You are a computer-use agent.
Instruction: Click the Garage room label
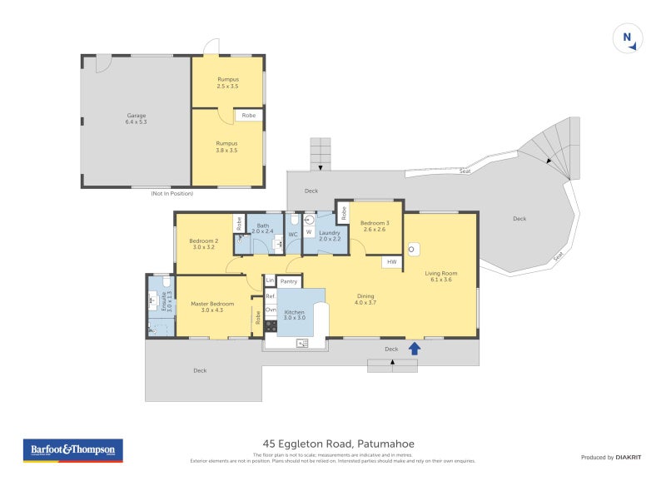(x=137, y=119)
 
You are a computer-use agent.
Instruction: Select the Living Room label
(x=440, y=276)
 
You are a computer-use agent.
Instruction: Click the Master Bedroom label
(x=212, y=307)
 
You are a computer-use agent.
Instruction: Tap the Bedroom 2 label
(x=204, y=244)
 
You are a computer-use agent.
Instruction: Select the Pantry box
(x=289, y=282)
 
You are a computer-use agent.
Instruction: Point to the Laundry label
(x=330, y=236)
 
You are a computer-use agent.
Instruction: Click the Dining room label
(x=365, y=299)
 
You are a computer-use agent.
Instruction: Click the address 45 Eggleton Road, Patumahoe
(x=333, y=444)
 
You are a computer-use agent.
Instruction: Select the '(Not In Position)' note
(x=172, y=193)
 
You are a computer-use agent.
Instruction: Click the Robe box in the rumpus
(x=249, y=116)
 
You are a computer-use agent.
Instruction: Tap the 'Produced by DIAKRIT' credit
(x=614, y=457)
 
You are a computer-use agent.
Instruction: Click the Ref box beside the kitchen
(x=270, y=295)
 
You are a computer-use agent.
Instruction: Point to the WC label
(x=293, y=236)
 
